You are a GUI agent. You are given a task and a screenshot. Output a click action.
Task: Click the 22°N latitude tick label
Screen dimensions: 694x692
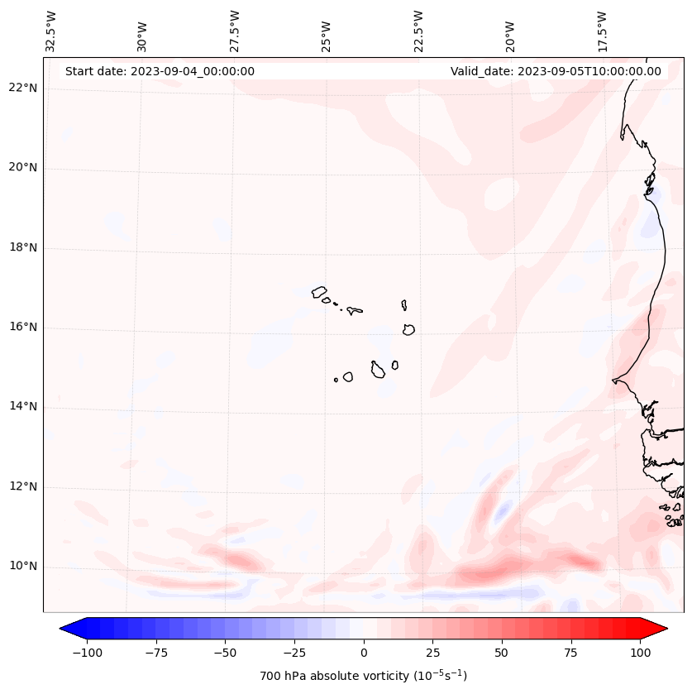pyautogui.click(x=22, y=88)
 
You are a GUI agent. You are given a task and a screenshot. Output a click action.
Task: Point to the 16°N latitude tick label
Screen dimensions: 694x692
pyautogui.click(x=22, y=327)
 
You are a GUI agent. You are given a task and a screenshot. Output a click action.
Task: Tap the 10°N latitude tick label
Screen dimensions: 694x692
pyautogui.click(x=22, y=567)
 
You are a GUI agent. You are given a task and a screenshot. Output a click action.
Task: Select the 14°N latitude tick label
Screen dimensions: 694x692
pyautogui.click(x=22, y=407)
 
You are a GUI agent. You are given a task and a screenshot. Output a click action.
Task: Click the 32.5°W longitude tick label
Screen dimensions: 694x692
pyautogui.click(x=51, y=30)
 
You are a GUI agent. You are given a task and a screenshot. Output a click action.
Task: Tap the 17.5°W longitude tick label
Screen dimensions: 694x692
pyautogui.click(x=602, y=30)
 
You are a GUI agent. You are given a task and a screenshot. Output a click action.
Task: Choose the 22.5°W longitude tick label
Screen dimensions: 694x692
pyautogui.click(x=418, y=30)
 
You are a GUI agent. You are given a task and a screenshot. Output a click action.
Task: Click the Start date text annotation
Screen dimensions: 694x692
pyautogui.click(x=160, y=71)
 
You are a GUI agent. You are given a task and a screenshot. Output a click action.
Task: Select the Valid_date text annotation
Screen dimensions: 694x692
pyautogui.click(x=556, y=71)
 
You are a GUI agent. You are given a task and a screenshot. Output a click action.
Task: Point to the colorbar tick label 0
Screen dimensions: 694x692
pyautogui.click(x=364, y=653)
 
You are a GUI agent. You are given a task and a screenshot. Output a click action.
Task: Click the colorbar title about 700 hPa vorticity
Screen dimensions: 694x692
pyautogui.click(x=364, y=677)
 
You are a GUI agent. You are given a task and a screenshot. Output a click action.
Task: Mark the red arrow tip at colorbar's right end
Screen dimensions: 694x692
pyautogui.click(x=666, y=629)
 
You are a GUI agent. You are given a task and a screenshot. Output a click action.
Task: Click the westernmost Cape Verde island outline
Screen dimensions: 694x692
pyautogui.click(x=319, y=291)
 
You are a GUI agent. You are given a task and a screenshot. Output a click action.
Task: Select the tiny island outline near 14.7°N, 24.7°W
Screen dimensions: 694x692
pyautogui.click(x=336, y=380)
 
